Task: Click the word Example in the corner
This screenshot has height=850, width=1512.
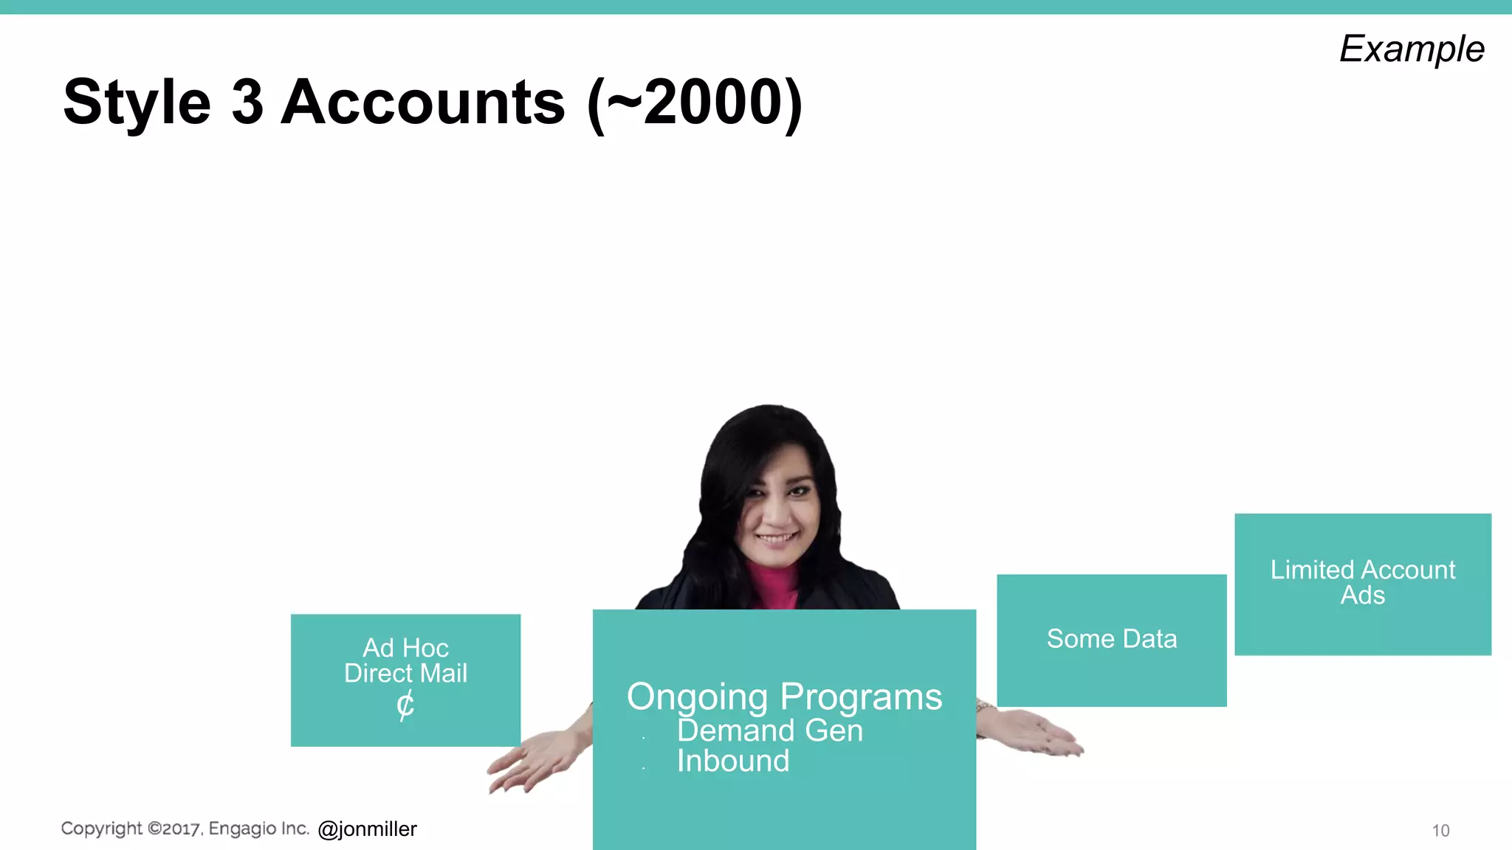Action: pyautogui.click(x=1411, y=49)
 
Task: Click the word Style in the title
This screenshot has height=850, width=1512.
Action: pyautogui.click(x=137, y=103)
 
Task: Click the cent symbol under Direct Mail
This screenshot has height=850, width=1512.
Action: pyautogui.click(x=405, y=705)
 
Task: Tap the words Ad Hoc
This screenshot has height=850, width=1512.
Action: pyautogui.click(x=405, y=648)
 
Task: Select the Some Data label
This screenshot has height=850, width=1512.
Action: pyautogui.click(x=1111, y=639)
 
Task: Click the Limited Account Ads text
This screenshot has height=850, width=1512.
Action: pyautogui.click(x=1362, y=582)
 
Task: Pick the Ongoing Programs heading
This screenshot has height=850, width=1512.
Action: pyautogui.click(x=784, y=697)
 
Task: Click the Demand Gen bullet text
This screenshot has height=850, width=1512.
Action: pyautogui.click(x=769, y=730)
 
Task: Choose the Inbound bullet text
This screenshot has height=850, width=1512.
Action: pyautogui.click(x=733, y=761)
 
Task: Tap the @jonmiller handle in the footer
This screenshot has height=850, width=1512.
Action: pyautogui.click(x=367, y=829)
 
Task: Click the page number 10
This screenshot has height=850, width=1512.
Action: pyautogui.click(x=1440, y=831)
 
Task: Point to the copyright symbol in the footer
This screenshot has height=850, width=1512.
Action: pyautogui.click(x=154, y=829)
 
